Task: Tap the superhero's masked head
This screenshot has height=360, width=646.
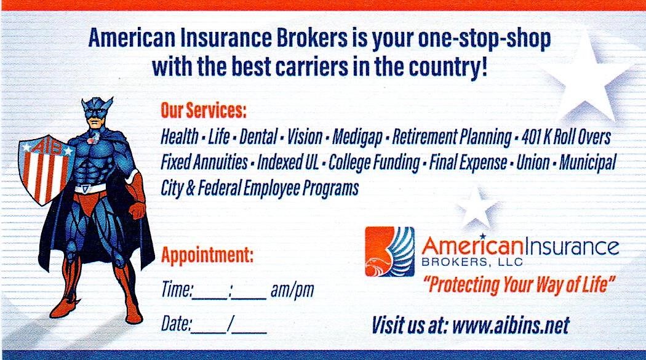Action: (x=97, y=114)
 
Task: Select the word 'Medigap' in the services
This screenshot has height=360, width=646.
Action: (x=357, y=137)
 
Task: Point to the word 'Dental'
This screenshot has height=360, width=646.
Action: (x=258, y=137)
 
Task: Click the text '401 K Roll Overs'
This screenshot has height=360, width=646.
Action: (x=566, y=137)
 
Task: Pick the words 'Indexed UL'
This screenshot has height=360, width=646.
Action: (x=288, y=162)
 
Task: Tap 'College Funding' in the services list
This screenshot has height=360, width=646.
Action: (x=374, y=163)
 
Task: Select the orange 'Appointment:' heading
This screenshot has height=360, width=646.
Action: (x=207, y=255)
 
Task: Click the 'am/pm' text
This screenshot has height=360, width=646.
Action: (x=292, y=290)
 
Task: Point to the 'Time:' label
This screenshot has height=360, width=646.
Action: (x=177, y=289)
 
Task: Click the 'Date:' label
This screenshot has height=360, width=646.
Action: (x=176, y=324)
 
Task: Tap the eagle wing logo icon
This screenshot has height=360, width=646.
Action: (x=389, y=251)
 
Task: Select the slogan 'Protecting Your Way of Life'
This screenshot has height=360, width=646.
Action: (x=519, y=285)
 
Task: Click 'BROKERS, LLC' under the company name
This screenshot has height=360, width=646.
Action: (x=472, y=262)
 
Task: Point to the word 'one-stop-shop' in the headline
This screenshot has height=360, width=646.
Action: (x=484, y=38)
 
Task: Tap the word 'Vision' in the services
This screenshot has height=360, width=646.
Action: (x=305, y=137)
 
